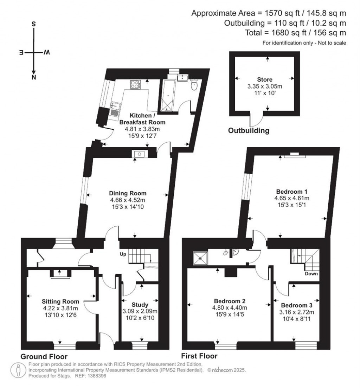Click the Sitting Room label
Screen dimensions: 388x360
pyautogui.click(x=60, y=302)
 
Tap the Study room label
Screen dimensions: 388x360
pyautogui.click(x=140, y=304)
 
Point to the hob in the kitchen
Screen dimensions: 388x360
pyautogui.click(x=135, y=84)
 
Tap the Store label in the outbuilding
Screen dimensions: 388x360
pyautogui.click(x=265, y=80)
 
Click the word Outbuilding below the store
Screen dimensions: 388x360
pyautogui.click(x=249, y=131)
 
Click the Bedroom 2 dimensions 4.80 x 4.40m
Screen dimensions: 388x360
pyautogui.click(x=230, y=308)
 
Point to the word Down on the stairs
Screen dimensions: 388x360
pyautogui.click(x=311, y=274)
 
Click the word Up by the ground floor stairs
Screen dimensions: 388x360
pyautogui.click(x=123, y=253)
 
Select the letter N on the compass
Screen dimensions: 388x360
pyautogui.click(x=34, y=78)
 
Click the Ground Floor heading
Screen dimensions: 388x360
pyautogui.click(x=44, y=356)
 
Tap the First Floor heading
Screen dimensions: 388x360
pyautogui.click(x=199, y=356)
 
